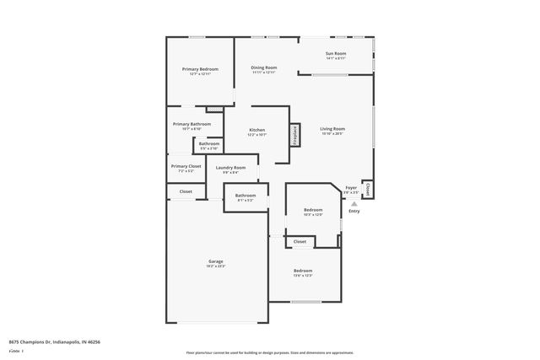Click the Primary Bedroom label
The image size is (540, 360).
click(200, 69)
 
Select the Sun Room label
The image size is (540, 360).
click(335, 54)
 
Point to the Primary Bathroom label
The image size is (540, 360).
click(192, 125)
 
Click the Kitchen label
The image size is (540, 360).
click(257, 131)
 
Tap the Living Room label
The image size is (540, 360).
click(332, 129)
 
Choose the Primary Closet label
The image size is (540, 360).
click(186, 166)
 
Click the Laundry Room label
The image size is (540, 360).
click(230, 168)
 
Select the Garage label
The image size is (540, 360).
click(216, 261)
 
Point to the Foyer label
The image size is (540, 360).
click(351, 188)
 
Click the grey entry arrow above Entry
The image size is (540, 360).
click(354, 203)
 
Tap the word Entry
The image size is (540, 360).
click(354, 211)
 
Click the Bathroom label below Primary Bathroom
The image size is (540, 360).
click(209, 144)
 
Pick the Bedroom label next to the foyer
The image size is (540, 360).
click(313, 210)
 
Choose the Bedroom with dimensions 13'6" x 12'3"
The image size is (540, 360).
click(302, 271)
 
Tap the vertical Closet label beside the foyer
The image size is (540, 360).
click(367, 190)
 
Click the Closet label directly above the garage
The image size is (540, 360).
click(186, 191)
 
